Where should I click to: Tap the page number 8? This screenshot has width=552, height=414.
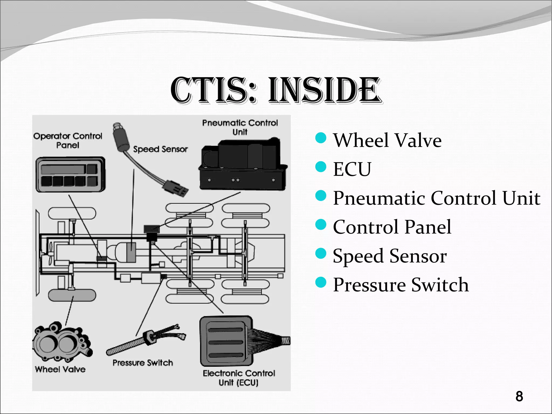[519, 396]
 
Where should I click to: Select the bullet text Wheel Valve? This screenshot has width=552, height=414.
[387, 140]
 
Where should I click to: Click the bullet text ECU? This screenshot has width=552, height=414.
[352, 169]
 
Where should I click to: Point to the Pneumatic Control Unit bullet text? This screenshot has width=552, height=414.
[436, 198]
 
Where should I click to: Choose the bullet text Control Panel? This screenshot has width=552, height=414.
[392, 227]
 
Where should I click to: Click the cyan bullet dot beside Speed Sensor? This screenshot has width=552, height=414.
[321, 254]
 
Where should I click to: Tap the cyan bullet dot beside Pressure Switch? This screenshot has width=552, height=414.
[321, 282]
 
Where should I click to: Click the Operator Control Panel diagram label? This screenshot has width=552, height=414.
[68, 140]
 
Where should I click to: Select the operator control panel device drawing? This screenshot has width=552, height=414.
[70, 175]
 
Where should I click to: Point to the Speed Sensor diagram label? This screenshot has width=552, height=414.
[160, 149]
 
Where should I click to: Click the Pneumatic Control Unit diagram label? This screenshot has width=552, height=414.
[240, 127]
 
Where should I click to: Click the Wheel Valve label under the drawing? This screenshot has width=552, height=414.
[60, 369]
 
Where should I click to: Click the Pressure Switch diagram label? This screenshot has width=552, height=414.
[143, 363]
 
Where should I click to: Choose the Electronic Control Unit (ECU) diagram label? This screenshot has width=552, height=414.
[239, 378]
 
